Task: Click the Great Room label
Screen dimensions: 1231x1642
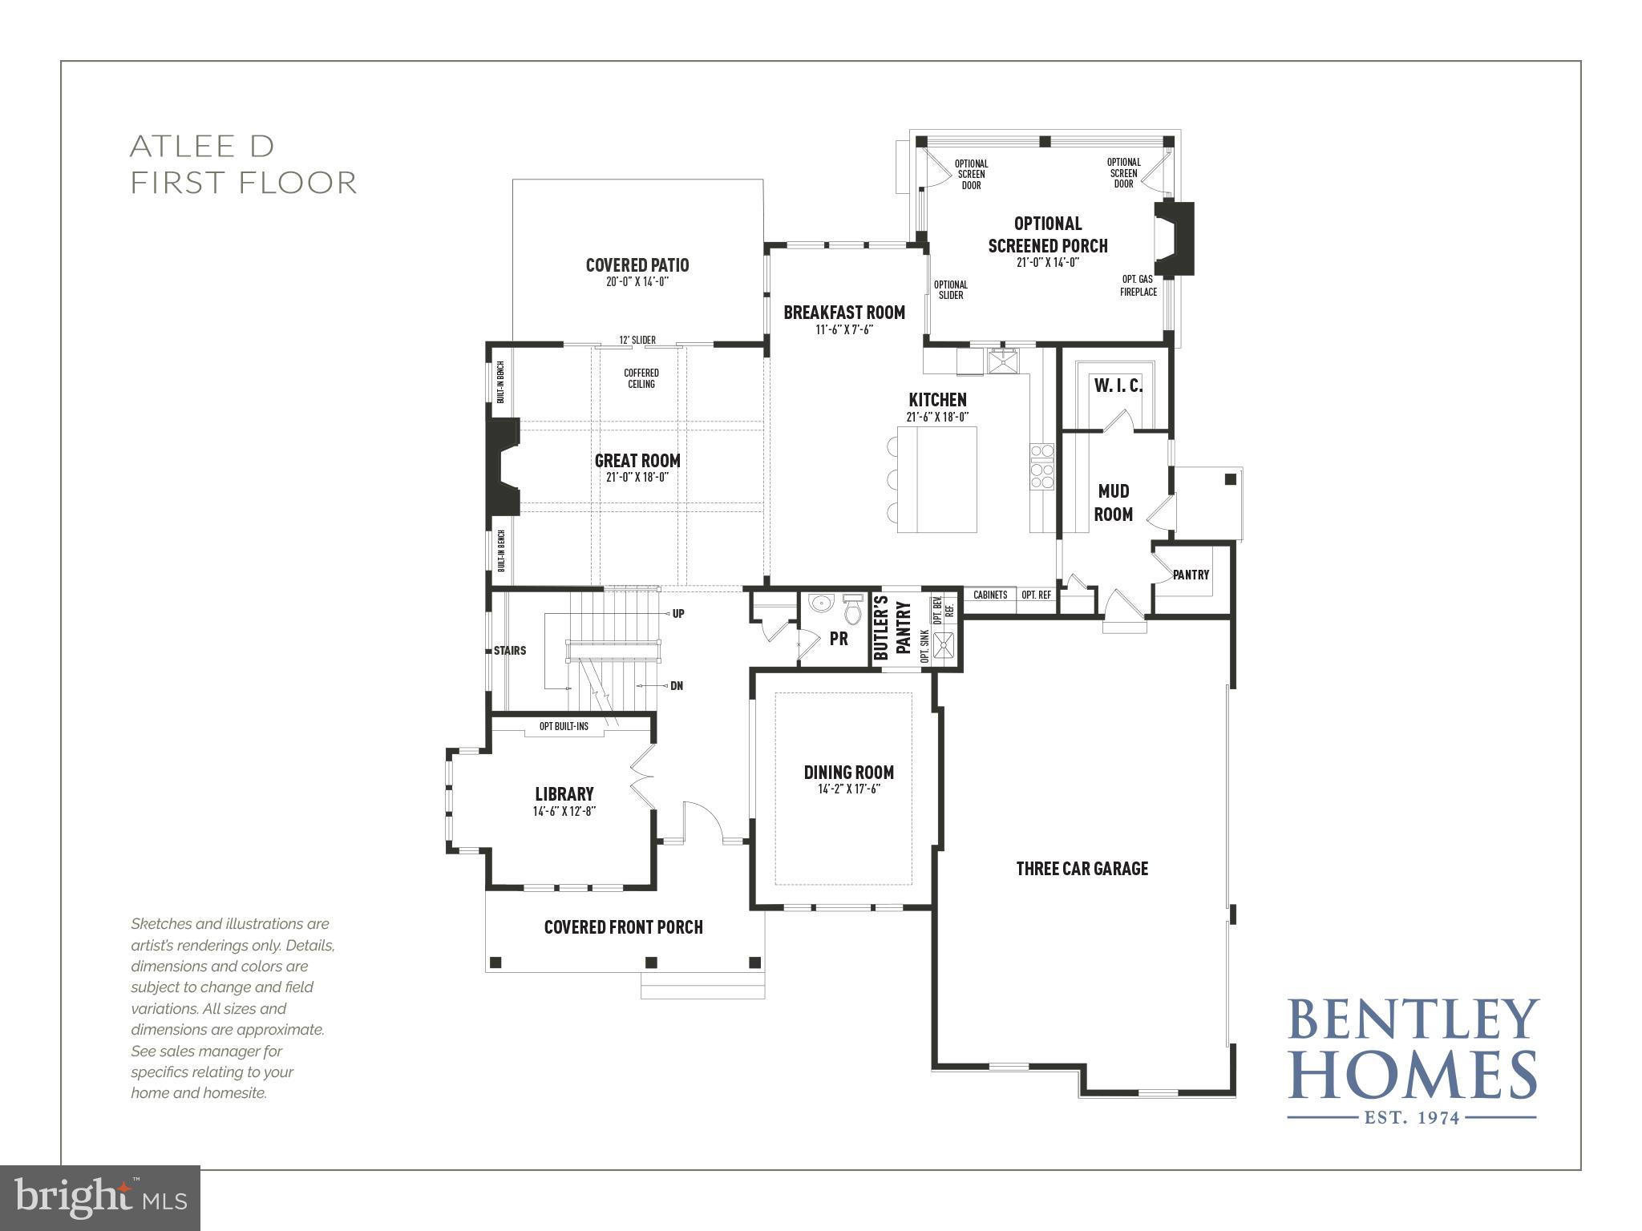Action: (x=637, y=461)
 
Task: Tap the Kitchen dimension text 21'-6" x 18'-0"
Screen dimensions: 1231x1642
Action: (x=937, y=417)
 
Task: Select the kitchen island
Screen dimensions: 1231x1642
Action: (x=936, y=479)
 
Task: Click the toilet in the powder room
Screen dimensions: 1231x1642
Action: (x=852, y=611)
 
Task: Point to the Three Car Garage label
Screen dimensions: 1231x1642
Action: (x=1082, y=869)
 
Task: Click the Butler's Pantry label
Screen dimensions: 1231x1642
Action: (x=892, y=629)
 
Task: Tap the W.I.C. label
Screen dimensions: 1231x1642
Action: (x=1118, y=385)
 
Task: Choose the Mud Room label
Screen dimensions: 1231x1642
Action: (x=1114, y=502)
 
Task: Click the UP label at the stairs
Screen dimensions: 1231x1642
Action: (x=678, y=614)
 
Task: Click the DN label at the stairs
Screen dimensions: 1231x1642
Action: (x=677, y=686)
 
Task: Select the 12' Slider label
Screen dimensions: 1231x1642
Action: (x=637, y=340)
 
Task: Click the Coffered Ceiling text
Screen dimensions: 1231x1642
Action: (x=641, y=378)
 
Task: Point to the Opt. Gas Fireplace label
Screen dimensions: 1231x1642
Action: (x=1138, y=285)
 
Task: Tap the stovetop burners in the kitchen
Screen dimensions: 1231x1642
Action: (x=1041, y=466)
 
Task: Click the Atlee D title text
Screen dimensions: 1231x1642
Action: (x=202, y=147)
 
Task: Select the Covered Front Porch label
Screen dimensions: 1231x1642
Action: (x=623, y=927)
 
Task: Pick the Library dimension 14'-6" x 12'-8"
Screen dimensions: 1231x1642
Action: (x=564, y=811)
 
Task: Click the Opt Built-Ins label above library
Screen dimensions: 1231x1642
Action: (x=564, y=726)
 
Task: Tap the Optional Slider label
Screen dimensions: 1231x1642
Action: (x=951, y=289)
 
